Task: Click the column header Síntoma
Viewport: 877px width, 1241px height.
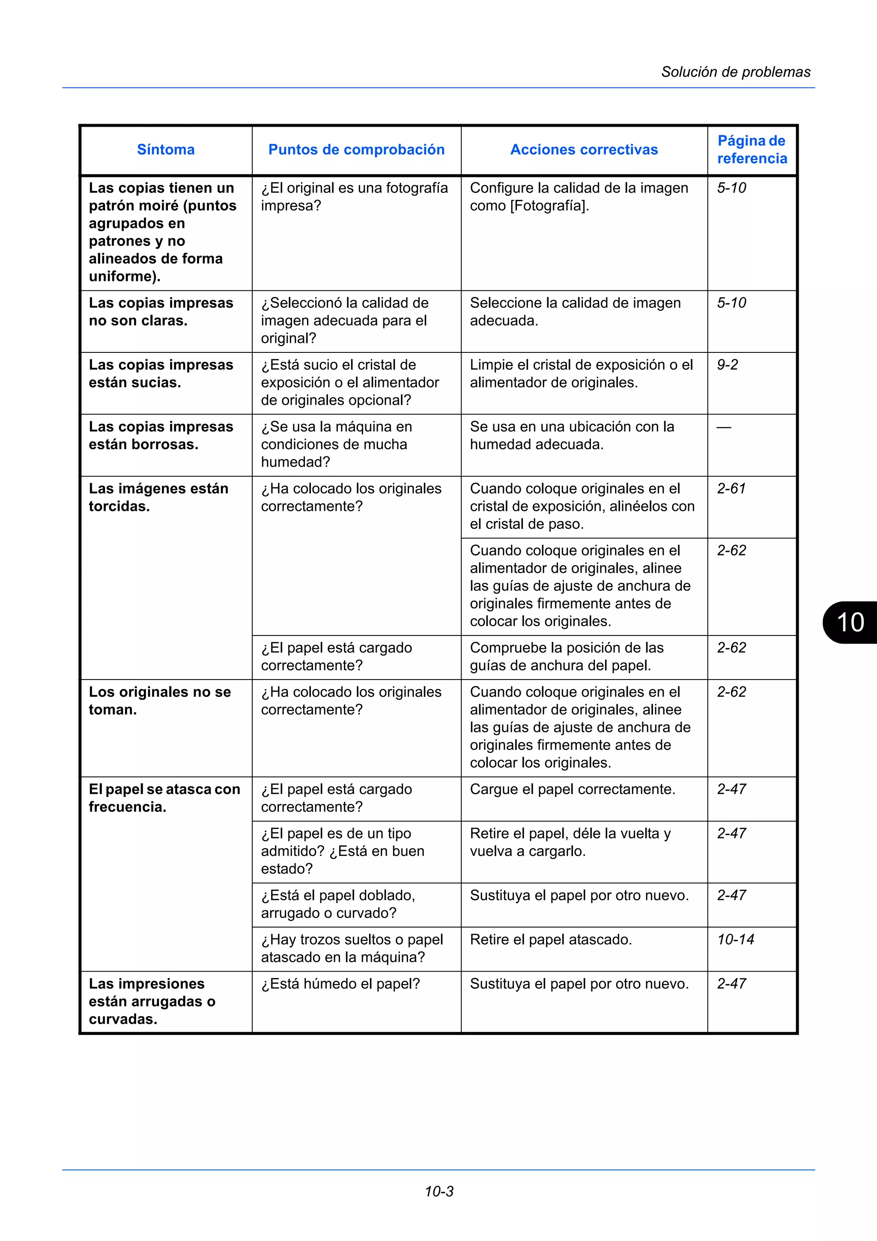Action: pos(166,150)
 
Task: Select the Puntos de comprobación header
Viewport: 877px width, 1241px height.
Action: pos(356,150)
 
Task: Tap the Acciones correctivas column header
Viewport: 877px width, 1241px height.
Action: pos(584,150)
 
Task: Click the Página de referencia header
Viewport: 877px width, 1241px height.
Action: pos(752,150)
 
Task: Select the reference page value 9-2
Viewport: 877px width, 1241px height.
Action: pos(727,365)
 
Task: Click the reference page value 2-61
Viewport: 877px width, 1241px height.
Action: pos(731,489)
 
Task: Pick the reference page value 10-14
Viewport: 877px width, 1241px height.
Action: pos(735,940)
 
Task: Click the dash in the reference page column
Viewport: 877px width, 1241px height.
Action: pos(724,427)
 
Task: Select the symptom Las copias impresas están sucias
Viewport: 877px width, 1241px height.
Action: pos(161,373)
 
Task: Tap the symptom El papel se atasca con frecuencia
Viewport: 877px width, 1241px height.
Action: pos(164,798)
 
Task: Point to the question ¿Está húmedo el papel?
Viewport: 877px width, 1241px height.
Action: pos(340,984)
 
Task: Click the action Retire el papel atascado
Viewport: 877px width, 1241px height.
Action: pos(551,940)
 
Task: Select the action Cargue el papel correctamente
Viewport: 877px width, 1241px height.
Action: pos(572,789)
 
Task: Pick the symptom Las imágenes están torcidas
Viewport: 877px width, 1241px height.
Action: pos(158,497)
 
